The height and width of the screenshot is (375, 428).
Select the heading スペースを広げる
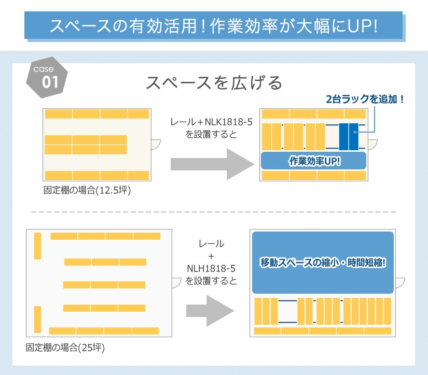[x=214, y=83]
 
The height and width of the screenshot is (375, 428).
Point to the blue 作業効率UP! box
[x=314, y=161]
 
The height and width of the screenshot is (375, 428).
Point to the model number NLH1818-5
[x=211, y=269]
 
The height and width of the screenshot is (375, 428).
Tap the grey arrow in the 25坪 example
[x=210, y=311]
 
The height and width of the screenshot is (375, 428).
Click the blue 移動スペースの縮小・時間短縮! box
[x=323, y=263]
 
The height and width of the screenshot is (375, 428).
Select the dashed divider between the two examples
[x=214, y=212]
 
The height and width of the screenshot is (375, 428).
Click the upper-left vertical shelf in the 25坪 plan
[x=37, y=246]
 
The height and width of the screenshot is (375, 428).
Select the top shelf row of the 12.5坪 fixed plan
[x=97, y=114]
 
